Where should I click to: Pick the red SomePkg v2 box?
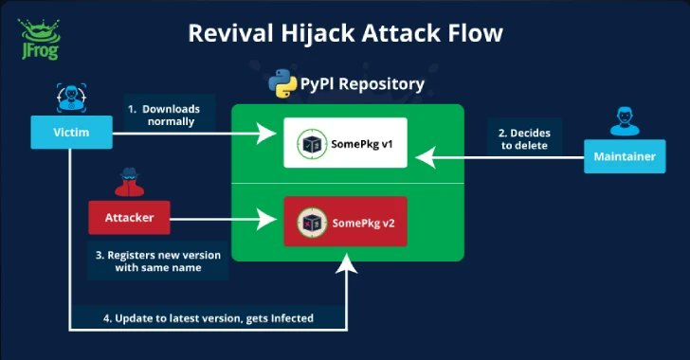pyautogui.click(x=345, y=222)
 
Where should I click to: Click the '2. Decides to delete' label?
pyautogui.click(x=524, y=134)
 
